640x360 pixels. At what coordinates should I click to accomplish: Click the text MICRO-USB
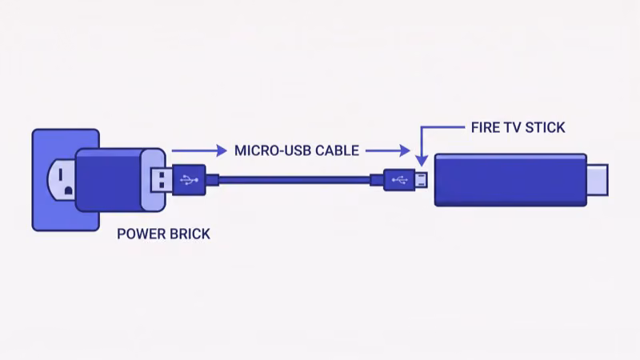point(270,150)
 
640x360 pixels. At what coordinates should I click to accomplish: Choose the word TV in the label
point(514,127)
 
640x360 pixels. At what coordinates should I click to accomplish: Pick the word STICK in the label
point(546,127)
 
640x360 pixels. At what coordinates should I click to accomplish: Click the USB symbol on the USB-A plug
point(189,179)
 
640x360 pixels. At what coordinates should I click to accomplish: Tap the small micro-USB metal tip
point(420,179)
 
